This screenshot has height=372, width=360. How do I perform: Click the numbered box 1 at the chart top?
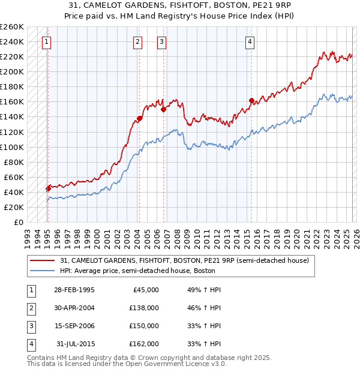tap(47, 41)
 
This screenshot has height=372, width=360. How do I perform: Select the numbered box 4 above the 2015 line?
tap(250, 41)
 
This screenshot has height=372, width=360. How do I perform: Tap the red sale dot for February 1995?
tap(48, 188)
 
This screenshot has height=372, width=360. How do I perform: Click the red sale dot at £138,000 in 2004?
tap(139, 118)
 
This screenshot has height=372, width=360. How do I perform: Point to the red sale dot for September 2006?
tap(163, 109)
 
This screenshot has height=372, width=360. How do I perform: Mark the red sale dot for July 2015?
tap(251, 100)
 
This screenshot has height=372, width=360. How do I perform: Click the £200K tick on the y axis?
tap(12, 71)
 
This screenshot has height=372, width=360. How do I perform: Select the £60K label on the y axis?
tap(14, 177)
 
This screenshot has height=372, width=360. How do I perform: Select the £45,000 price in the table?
tap(146, 289)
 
